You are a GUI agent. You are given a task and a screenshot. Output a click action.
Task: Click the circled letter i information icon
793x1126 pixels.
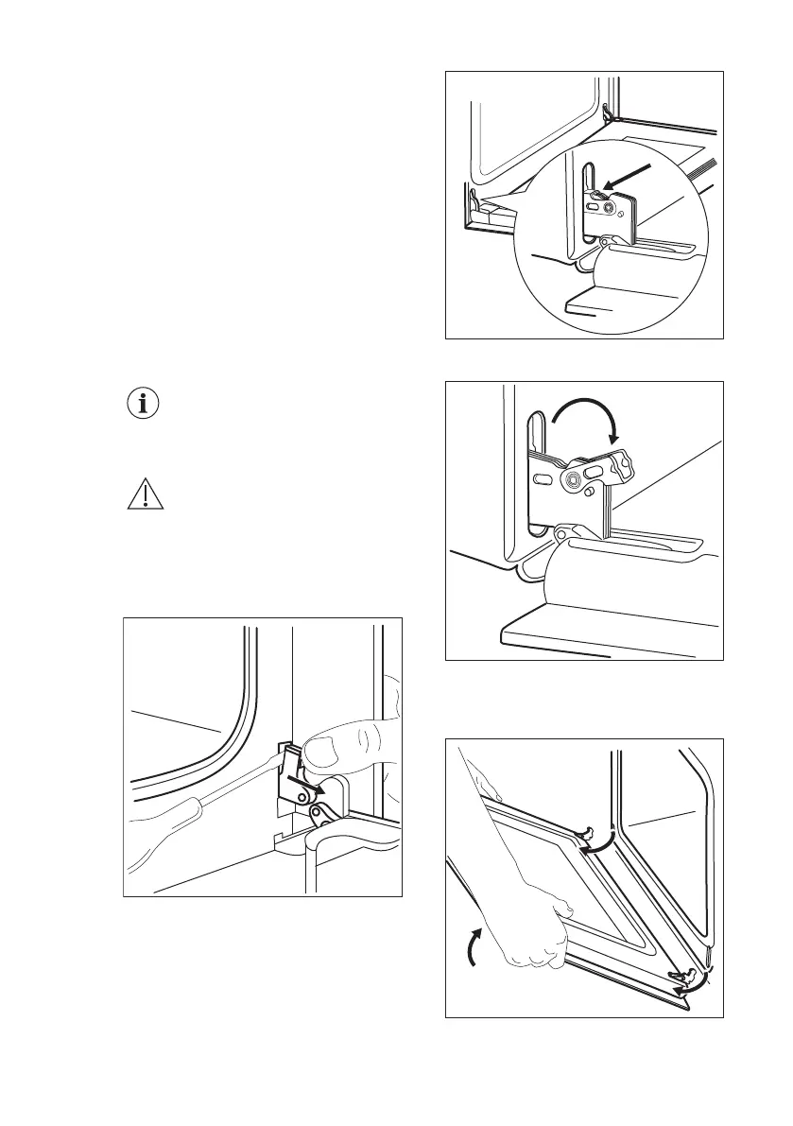click(145, 404)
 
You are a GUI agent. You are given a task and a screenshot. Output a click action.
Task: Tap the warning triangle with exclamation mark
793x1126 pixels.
click(145, 495)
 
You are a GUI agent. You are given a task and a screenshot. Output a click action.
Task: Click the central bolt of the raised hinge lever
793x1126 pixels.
click(573, 479)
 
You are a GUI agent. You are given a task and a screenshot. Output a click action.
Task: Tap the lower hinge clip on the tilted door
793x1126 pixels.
click(684, 974)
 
